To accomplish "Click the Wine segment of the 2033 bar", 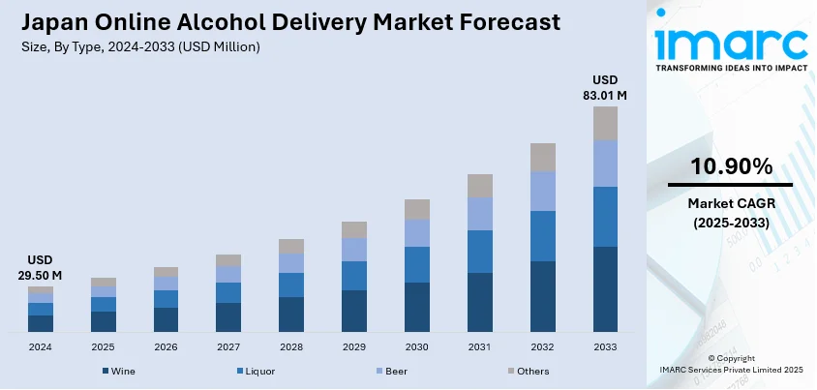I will point(605,289).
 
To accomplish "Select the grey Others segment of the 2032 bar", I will point(542,157).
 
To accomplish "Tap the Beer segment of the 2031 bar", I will point(479,214).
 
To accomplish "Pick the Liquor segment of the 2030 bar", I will point(417,264).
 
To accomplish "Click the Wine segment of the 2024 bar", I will point(41,323).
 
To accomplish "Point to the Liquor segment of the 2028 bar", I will point(291,285).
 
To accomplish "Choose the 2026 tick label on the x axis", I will point(166,345).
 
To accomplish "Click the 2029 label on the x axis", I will point(354,345).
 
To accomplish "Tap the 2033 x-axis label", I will point(605,345).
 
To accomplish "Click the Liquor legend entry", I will point(257,371).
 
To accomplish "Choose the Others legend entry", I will point(532,371).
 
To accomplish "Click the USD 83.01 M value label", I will point(605,87).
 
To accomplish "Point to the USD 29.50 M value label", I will point(42,268).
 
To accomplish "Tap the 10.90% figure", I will point(731,166).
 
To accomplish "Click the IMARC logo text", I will point(731,43).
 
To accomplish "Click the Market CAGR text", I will point(731,203).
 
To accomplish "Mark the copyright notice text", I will point(731,364).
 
